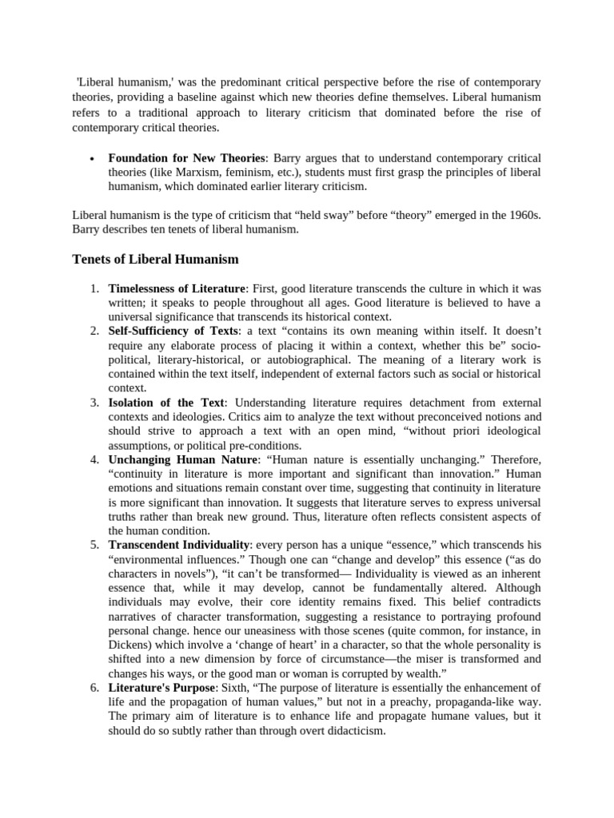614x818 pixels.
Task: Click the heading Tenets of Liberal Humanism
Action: click(x=155, y=260)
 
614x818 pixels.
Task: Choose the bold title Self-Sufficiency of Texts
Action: click(x=173, y=331)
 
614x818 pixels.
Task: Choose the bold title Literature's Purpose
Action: click(x=161, y=688)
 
